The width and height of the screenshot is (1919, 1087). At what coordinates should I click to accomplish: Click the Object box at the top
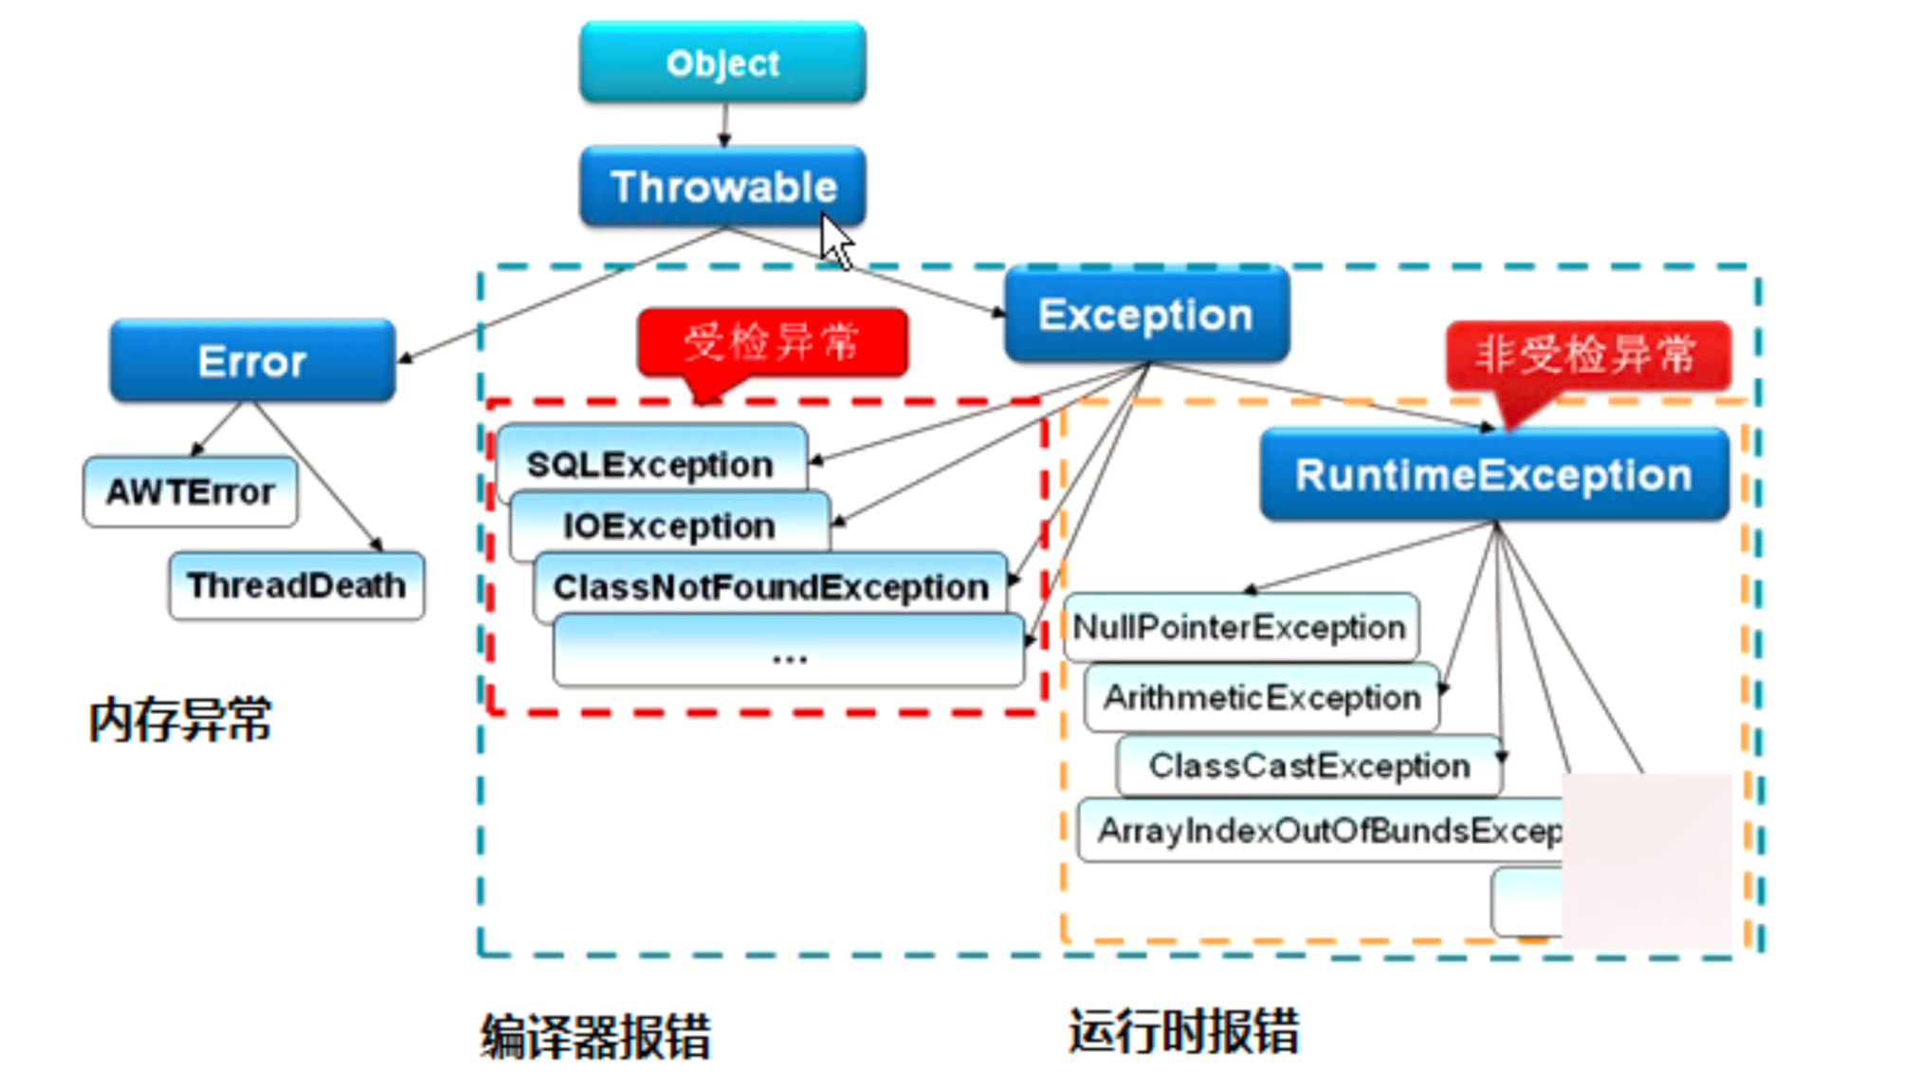point(722,63)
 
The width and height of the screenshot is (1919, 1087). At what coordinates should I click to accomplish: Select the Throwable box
point(722,186)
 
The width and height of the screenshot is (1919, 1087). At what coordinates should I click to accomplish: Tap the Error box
point(252,360)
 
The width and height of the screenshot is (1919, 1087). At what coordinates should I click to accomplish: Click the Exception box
point(1146,314)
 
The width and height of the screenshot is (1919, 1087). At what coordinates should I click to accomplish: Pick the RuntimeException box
point(1493,474)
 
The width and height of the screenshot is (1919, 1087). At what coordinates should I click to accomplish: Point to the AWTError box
point(190,491)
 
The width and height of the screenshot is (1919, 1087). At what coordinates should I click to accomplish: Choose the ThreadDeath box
point(296,585)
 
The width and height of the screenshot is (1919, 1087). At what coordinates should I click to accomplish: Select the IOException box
point(668,525)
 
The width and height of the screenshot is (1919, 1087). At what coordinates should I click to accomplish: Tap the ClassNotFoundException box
point(770,586)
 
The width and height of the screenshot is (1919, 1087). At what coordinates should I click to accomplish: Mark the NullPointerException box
point(1239,627)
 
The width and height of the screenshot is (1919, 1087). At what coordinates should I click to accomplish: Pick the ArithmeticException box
point(1261,698)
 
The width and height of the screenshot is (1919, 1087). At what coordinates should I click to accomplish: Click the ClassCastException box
point(1308,765)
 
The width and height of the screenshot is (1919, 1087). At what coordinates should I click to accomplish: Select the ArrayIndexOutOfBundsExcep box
point(1323,831)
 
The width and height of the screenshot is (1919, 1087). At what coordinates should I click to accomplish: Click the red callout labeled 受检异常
point(773,341)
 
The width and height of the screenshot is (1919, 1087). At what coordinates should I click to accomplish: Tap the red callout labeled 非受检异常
point(1586,356)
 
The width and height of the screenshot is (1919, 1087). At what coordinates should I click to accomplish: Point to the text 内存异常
point(180,720)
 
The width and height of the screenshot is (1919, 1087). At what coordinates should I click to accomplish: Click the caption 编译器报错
point(595,1036)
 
